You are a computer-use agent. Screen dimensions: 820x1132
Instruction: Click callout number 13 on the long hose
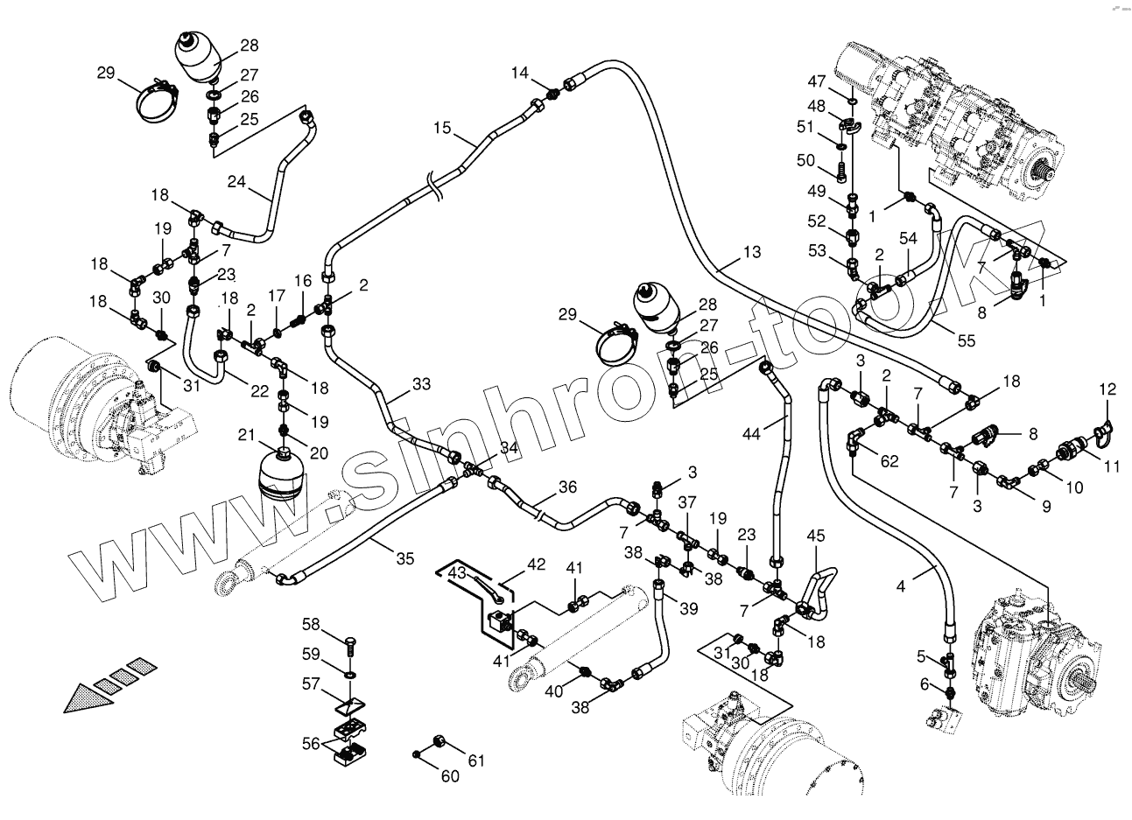(752, 253)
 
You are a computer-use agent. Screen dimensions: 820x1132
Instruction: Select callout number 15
(441, 129)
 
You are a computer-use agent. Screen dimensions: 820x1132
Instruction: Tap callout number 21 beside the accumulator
(246, 435)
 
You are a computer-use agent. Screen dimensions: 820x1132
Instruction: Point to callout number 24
(236, 182)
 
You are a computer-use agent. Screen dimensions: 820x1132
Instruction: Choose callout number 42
(536, 564)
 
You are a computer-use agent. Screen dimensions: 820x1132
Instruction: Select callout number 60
(449, 775)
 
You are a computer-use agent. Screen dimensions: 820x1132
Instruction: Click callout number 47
(816, 81)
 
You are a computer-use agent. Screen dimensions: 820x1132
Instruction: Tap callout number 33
(422, 383)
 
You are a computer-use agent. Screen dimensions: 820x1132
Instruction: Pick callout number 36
(568, 487)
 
